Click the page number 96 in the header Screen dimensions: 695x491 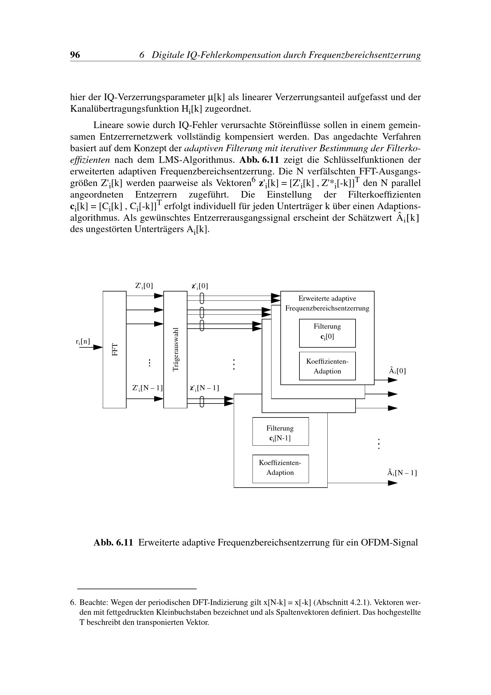point(75,55)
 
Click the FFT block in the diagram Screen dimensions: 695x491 point(115,349)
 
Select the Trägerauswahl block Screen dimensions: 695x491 point(176,349)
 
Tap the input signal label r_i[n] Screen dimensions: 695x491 point(83,341)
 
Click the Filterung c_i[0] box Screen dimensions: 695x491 point(327,333)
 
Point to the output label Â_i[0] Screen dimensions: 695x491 point(397,371)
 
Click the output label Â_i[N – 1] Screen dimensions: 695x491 point(402,472)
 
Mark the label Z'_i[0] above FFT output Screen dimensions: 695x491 point(144,286)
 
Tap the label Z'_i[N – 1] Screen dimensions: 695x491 point(147,388)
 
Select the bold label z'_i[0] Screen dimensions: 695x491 point(200,286)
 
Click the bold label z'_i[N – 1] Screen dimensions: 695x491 point(204,388)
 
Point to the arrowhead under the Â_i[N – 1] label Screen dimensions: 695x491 point(393,483)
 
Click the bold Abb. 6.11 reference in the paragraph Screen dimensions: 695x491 point(259,160)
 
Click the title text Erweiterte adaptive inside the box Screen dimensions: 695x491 point(327,298)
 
